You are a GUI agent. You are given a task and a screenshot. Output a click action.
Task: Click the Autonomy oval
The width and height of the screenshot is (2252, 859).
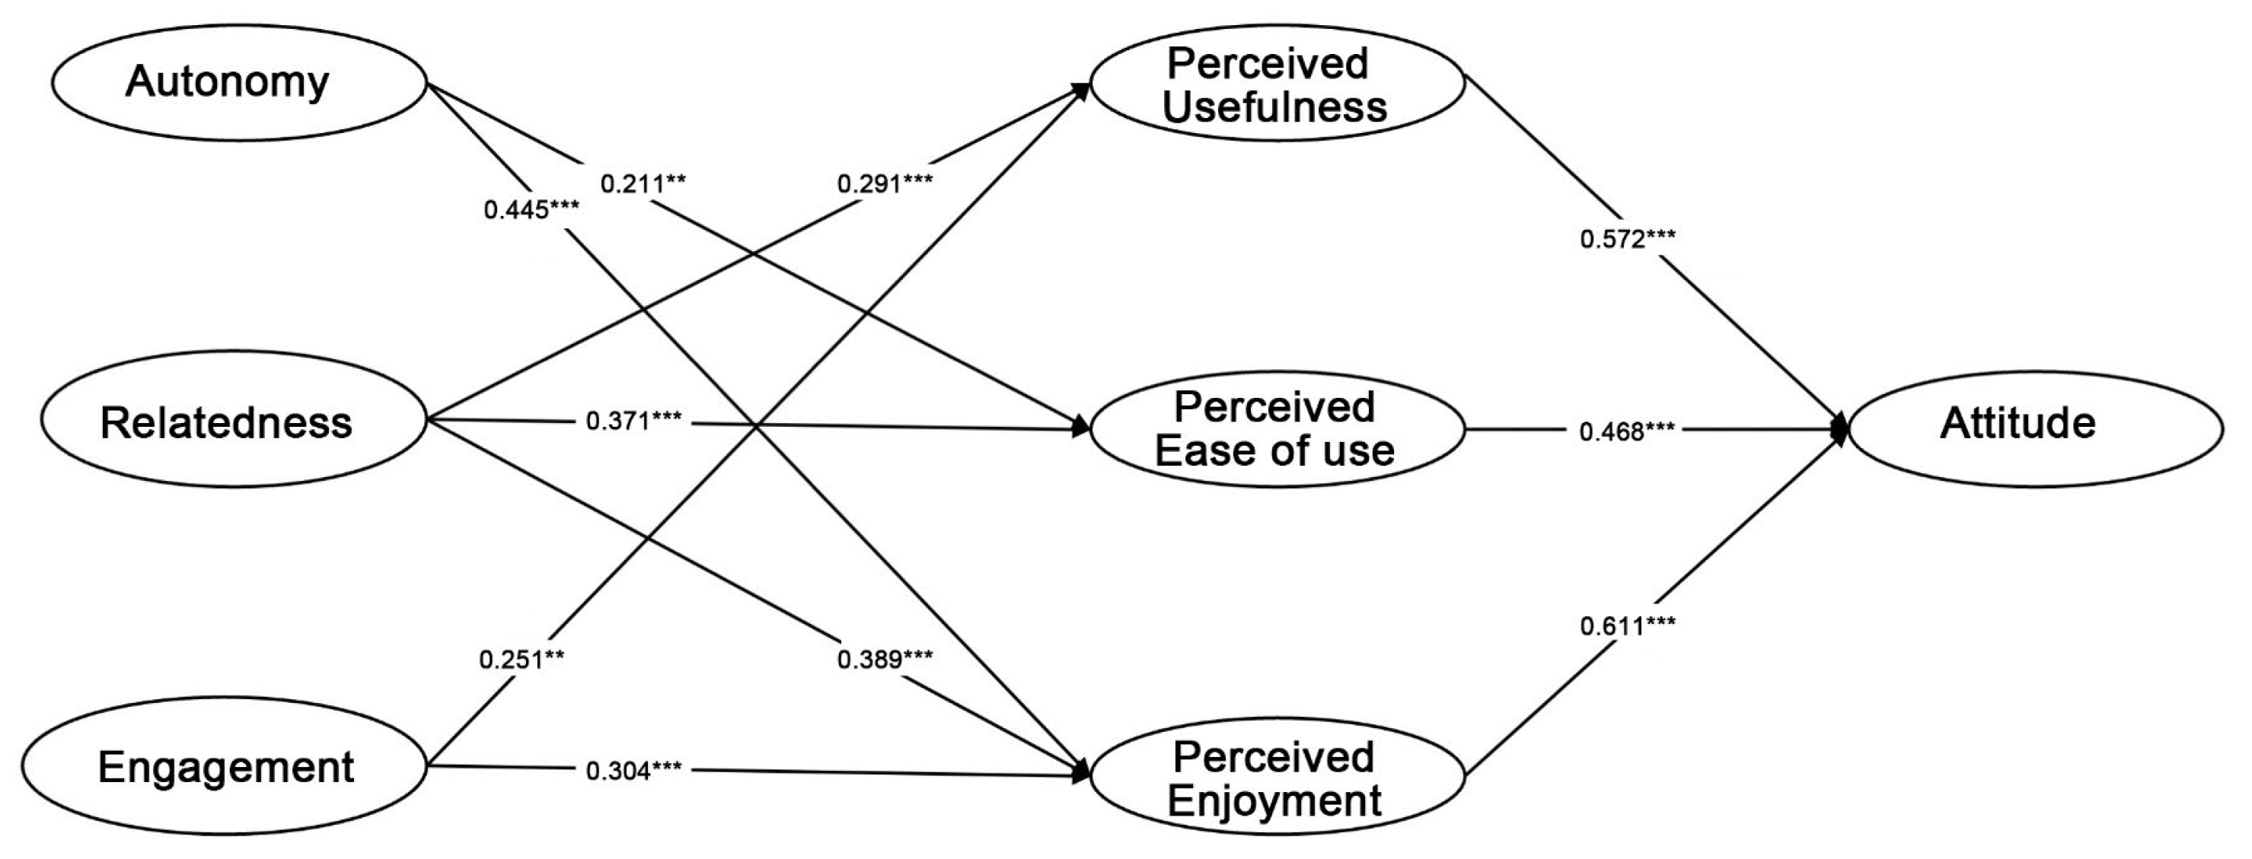(238, 83)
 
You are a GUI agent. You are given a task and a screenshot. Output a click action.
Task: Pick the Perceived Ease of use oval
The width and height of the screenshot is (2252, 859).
(1277, 429)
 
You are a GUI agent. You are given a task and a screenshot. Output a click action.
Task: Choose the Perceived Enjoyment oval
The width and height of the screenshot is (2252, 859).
(1277, 777)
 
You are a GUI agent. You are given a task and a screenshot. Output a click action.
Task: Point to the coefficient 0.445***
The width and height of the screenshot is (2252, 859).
(531, 210)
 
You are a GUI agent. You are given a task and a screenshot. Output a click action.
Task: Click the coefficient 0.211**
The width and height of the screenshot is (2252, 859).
(643, 184)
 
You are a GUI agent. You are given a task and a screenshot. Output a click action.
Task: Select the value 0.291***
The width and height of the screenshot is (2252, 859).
(885, 184)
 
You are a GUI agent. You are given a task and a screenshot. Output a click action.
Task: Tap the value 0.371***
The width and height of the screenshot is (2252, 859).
(634, 422)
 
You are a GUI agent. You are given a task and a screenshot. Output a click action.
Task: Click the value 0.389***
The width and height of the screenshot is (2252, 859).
(885, 660)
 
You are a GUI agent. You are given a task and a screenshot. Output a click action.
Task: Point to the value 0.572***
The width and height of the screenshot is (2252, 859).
(1628, 240)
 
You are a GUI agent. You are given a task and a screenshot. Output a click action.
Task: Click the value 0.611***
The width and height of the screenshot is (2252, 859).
(1628, 625)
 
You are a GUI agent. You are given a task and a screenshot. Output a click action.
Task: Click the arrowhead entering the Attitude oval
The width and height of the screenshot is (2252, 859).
(1839, 429)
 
